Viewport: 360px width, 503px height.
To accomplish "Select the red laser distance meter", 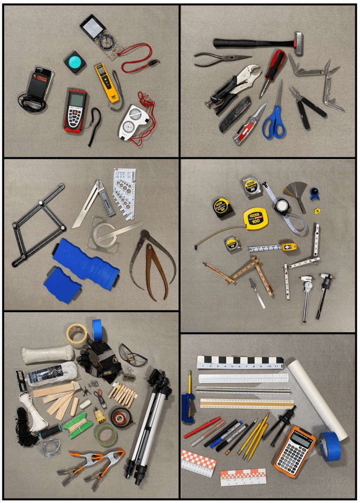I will click(x=75, y=110).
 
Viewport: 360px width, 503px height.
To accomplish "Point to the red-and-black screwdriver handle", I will click(x=273, y=67).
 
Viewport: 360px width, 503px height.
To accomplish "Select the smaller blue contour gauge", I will click(x=62, y=285).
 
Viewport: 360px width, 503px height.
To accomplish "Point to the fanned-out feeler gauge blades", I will click(x=295, y=193).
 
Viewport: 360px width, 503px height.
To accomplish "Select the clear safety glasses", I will click(x=133, y=355).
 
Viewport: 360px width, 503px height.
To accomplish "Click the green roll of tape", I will click(x=106, y=433).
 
